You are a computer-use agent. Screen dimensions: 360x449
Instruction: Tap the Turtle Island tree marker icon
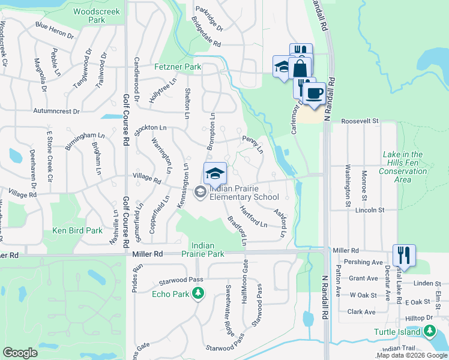pyautogui.click(x=429, y=331)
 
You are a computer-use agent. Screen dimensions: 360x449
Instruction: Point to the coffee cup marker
pyautogui.click(x=313, y=93)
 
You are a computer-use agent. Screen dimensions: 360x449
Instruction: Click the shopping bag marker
pyautogui.click(x=300, y=68)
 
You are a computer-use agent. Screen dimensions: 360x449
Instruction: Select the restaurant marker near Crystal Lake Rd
pyautogui.click(x=404, y=254)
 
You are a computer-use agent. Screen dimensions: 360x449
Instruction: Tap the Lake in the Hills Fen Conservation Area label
pyautogui.click(x=403, y=167)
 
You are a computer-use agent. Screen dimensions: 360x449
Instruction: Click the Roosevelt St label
pyautogui.click(x=361, y=121)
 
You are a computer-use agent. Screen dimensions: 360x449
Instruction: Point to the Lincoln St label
pyautogui.click(x=369, y=211)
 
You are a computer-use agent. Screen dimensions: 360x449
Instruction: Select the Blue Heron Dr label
pyautogui.click(x=54, y=31)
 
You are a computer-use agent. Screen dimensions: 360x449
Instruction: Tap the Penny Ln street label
pyautogui.click(x=253, y=143)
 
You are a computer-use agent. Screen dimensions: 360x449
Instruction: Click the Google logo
pyautogui.click(x=20, y=353)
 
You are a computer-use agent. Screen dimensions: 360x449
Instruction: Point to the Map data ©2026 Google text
pyautogui.click(x=412, y=355)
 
